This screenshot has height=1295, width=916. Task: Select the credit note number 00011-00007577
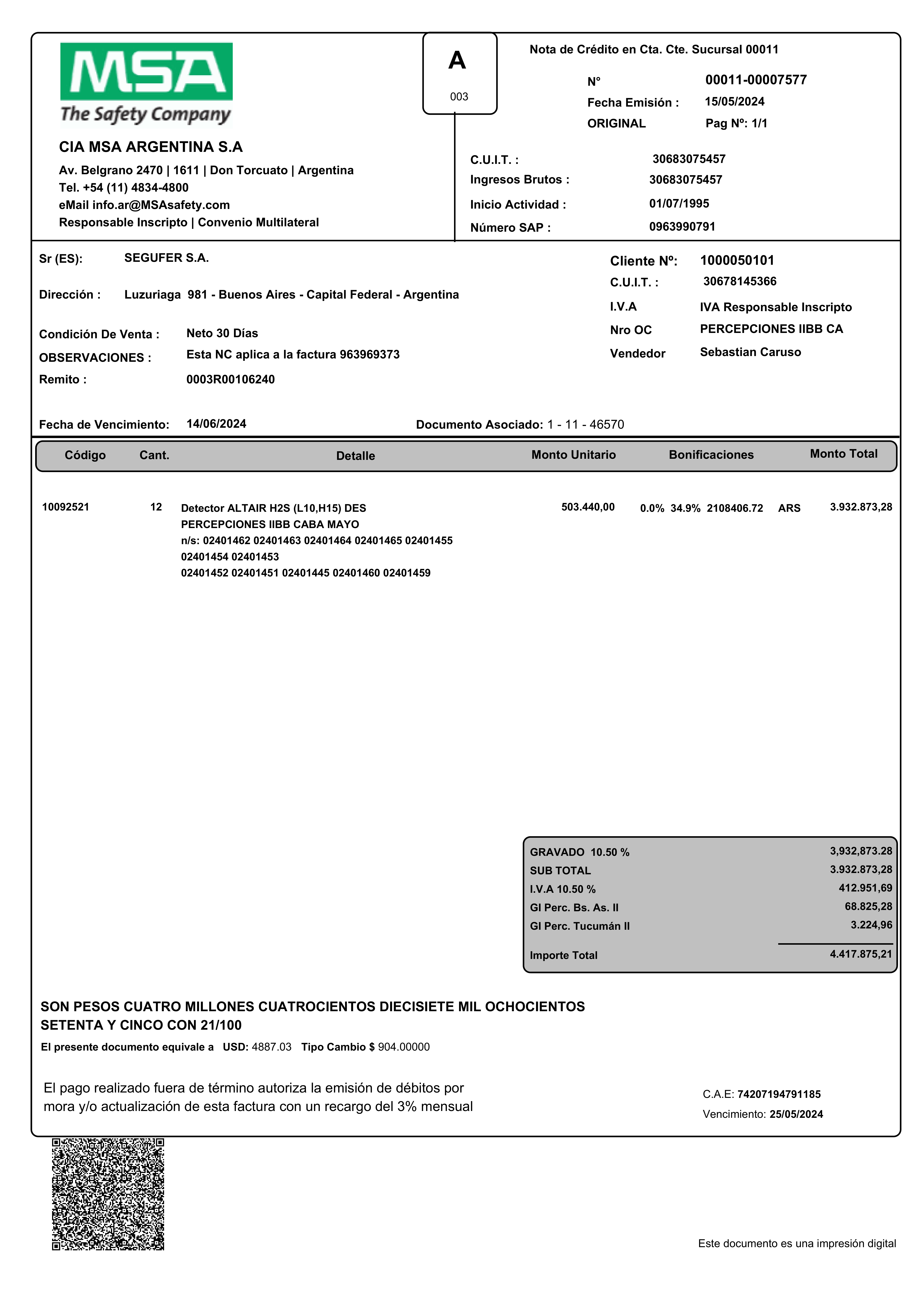point(756,80)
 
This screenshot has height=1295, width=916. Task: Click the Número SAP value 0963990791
point(682,227)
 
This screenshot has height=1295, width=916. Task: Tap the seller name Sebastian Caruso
point(750,352)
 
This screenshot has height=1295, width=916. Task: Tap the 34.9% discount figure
point(685,508)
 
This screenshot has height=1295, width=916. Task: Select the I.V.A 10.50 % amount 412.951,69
point(865,888)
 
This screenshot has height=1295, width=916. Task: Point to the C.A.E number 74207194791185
point(779,1094)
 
